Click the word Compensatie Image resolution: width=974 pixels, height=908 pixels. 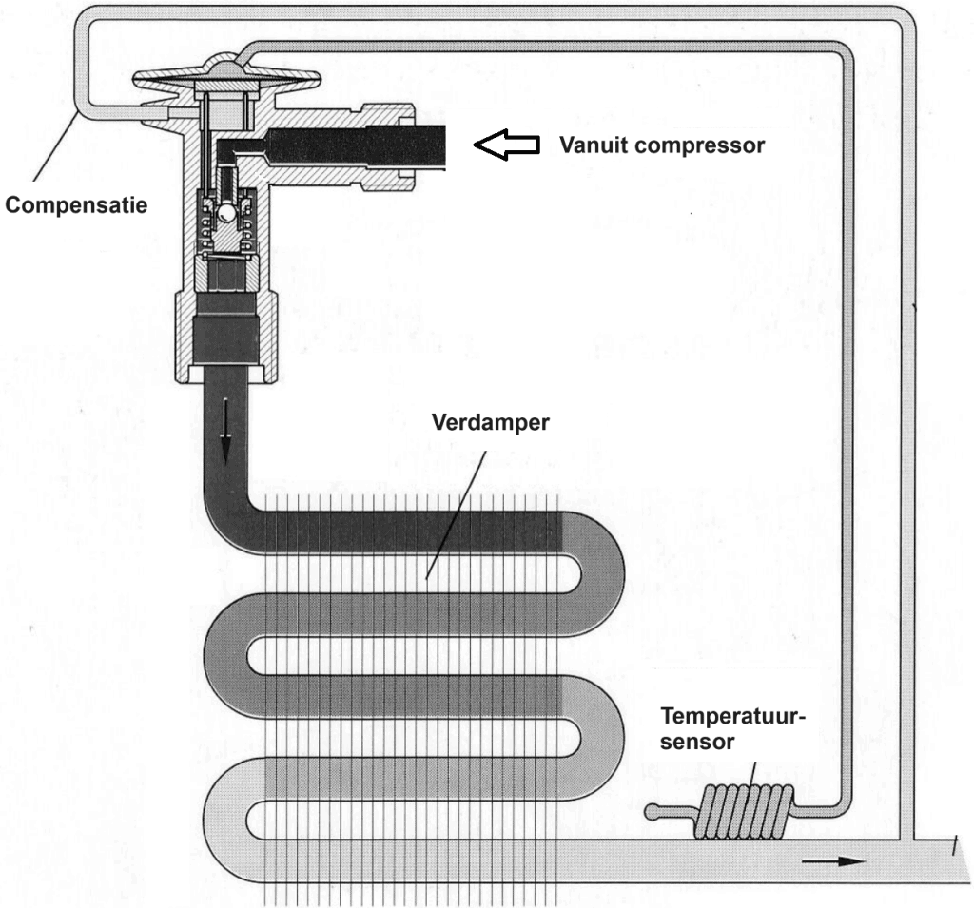point(75,204)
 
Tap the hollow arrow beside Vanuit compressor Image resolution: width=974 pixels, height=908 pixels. point(506,145)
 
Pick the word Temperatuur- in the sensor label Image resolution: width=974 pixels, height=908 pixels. point(733,716)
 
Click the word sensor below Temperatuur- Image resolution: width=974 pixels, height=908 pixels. point(698,742)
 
